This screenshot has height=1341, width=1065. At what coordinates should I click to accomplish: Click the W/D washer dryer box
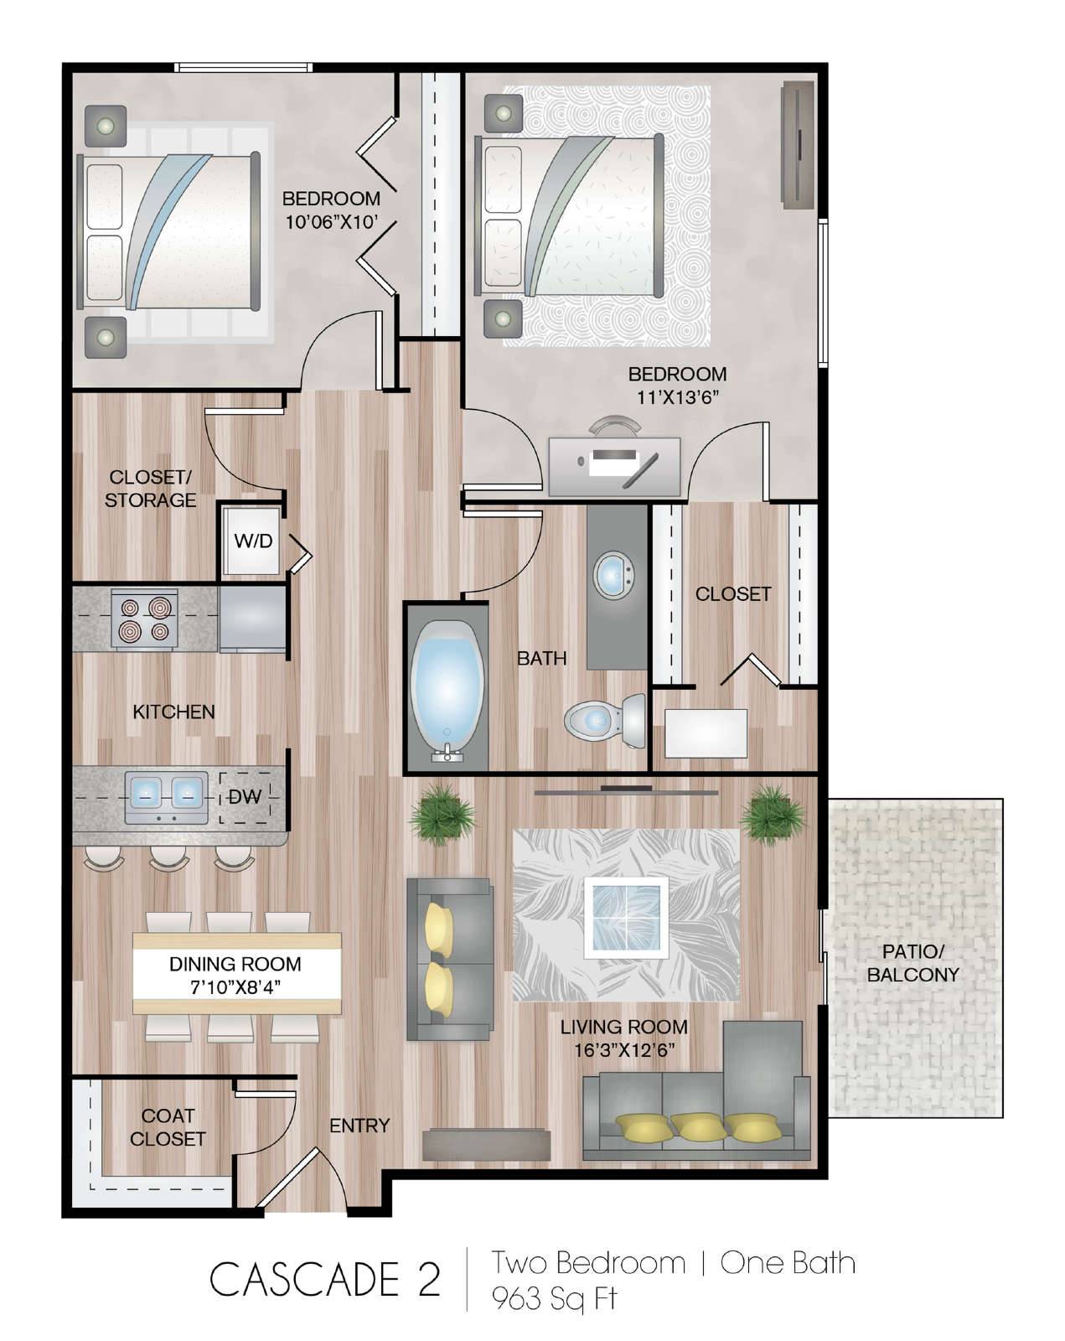pyautogui.click(x=251, y=540)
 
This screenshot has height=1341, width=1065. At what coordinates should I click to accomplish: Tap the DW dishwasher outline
pyautogui.click(x=245, y=796)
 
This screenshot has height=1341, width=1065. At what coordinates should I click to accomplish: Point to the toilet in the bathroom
pyautogui.click(x=605, y=722)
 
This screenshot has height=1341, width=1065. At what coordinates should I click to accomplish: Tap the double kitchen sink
pyautogui.click(x=167, y=797)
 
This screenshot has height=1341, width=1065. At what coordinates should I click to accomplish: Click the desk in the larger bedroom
pyautogui.click(x=614, y=466)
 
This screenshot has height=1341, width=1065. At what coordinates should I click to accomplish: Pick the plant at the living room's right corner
pyautogui.click(x=773, y=814)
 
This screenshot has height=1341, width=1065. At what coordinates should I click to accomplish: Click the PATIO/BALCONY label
pyautogui.click(x=912, y=963)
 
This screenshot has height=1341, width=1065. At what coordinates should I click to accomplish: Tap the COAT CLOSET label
pyautogui.click(x=168, y=1127)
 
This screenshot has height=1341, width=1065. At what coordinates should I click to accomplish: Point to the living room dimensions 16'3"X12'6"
pyautogui.click(x=624, y=1051)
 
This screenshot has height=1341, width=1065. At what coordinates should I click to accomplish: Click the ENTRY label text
pyautogui.click(x=359, y=1126)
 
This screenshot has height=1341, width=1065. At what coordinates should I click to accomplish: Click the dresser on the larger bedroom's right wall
pyautogui.click(x=798, y=146)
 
